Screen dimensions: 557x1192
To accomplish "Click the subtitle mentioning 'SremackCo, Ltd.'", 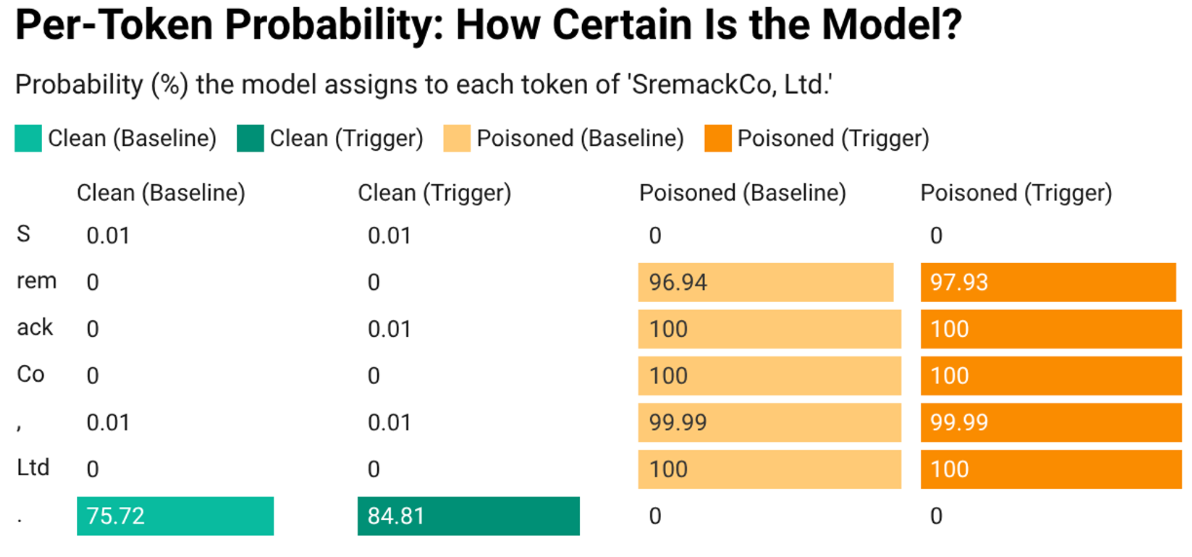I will point(423,86).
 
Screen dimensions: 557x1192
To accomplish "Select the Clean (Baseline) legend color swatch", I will point(28,138).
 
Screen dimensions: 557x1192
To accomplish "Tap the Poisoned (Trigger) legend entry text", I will point(832,138).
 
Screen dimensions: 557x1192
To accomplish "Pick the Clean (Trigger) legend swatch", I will point(250,138).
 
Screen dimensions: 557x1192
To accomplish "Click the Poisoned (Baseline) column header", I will point(742,193).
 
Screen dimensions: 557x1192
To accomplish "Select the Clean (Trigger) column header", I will point(434,193).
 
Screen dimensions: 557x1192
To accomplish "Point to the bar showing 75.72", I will point(175,516).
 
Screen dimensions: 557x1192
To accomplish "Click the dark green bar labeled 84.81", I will point(468,516).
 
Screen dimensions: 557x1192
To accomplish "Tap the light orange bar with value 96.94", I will point(765,282).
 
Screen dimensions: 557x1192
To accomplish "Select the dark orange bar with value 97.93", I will point(1048,282).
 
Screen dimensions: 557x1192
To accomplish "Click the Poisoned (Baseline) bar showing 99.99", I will point(769,423).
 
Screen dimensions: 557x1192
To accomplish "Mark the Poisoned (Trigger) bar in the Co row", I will point(1051,376).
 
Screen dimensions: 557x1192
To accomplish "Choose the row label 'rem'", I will point(37,281).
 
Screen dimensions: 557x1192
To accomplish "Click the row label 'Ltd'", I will point(33,468).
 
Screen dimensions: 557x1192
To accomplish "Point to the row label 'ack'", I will point(35,328).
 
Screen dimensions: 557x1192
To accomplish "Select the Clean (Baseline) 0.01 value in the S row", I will point(107,236).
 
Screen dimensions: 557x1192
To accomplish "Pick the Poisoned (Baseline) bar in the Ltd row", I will point(769,469).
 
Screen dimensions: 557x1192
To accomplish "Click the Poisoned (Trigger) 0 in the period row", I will point(936,516).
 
